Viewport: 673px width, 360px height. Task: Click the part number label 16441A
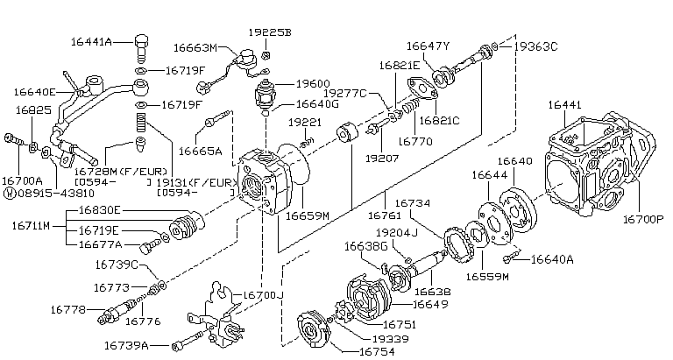coord(91,42)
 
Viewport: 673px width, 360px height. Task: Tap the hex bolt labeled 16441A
coord(142,48)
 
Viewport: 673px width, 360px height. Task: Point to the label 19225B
coord(270,32)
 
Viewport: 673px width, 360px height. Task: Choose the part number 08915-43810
coord(55,193)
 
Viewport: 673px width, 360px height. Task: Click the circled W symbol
coord(10,193)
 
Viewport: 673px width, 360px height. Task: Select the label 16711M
coord(31,226)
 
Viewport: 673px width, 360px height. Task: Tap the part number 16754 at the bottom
coord(377,352)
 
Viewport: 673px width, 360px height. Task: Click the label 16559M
coord(487,277)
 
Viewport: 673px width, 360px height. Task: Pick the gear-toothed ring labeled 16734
coord(459,245)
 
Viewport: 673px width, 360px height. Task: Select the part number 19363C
coord(535,46)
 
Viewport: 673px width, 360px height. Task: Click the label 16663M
coord(195,47)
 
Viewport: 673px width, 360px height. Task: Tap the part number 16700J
coord(264,295)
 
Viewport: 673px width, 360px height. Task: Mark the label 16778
coord(68,309)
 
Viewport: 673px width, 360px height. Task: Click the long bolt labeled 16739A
coord(190,341)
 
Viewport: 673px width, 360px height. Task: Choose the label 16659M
coord(308,215)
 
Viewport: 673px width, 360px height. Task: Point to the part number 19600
coord(313,84)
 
